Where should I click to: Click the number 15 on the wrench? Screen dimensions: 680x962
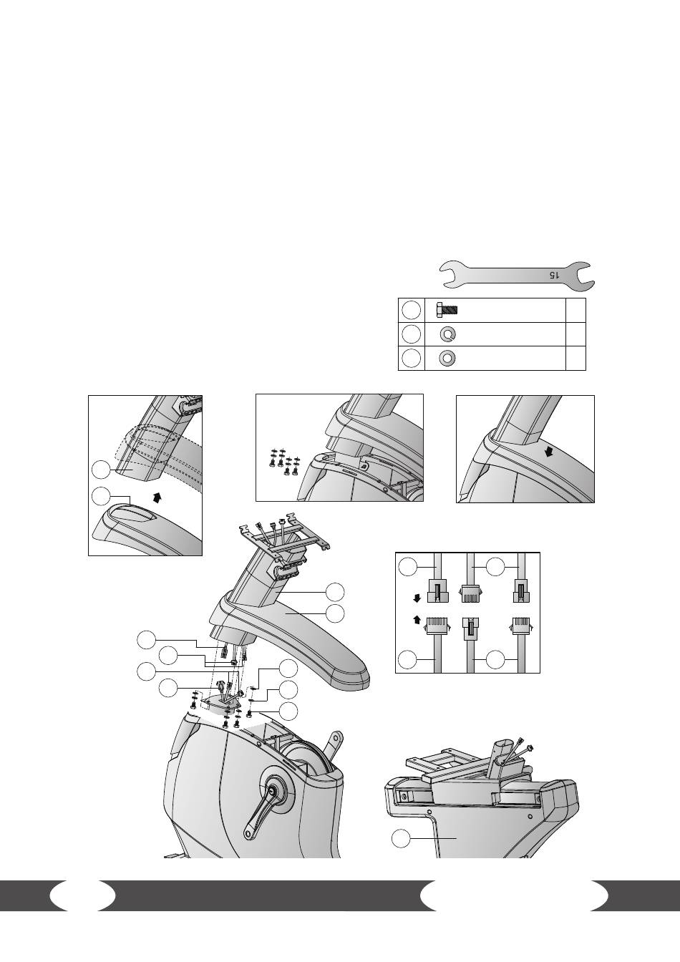(555, 275)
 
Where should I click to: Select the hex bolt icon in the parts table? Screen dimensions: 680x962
(447, 310)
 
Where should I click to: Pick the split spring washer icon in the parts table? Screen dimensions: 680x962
(447, 334)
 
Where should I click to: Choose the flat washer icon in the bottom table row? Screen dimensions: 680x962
(447, 358)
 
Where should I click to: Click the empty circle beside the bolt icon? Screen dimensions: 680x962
(411, 310)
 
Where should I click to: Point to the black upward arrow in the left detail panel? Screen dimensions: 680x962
(157, 497)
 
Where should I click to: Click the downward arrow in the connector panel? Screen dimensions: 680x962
(416, 598)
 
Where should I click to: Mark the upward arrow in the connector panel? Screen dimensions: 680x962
(416, 620)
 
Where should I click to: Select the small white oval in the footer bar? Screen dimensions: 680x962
(82, 904)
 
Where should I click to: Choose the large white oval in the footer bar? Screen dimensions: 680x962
(514, 904)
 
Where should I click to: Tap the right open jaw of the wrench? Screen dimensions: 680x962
(585, 276)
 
